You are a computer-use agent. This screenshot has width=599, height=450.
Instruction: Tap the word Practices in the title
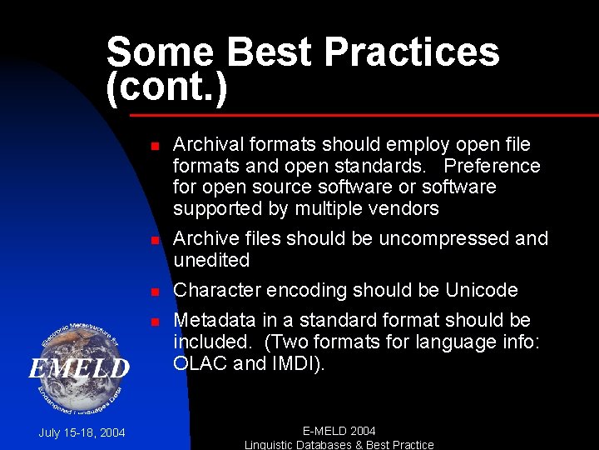coord(412,52)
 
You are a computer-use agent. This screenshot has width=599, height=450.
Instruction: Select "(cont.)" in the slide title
coord(166,87)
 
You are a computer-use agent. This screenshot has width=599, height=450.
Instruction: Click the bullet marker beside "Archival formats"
coord(154,146)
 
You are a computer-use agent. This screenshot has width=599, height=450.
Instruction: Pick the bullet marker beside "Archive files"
coord(154,240)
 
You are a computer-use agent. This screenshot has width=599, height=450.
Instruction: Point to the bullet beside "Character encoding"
coord(154,292)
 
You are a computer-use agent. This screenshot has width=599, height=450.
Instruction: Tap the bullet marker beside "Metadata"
coord(154,322)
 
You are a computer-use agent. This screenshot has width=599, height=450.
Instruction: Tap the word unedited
coord(211,260)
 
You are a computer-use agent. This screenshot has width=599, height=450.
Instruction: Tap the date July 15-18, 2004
coord(82,432)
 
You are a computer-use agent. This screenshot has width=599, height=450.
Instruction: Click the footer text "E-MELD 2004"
coord(339,431)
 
